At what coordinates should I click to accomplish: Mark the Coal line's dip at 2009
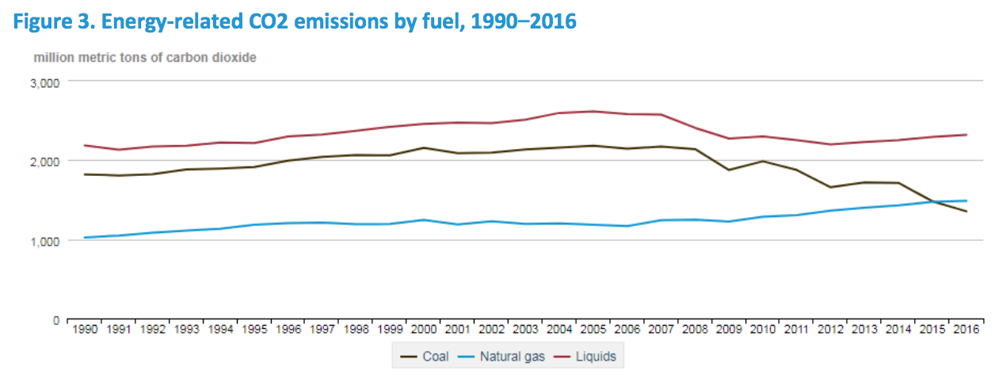click(728, 170)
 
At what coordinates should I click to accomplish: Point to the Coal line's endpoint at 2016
click(965, 212)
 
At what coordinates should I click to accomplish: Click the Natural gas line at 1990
click(85, 237)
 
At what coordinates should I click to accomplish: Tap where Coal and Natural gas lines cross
click(935, 202)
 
